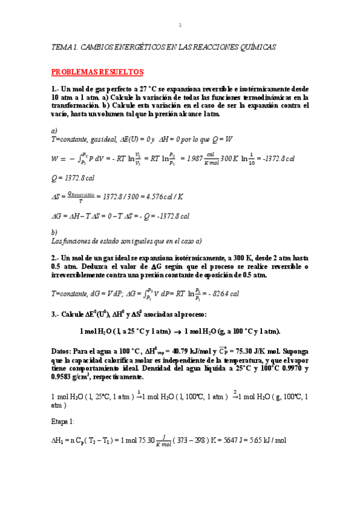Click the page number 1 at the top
click(180, 25)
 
